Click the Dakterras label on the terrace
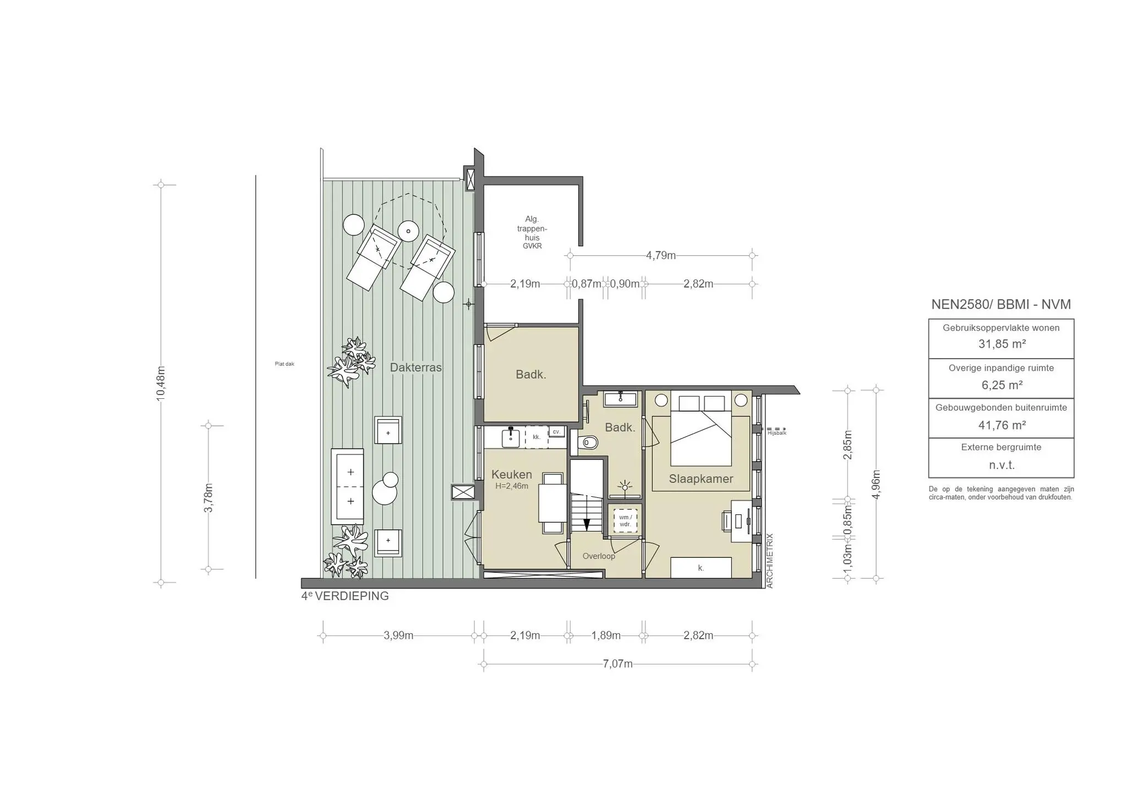(415, 367)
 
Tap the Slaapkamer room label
(701, 479)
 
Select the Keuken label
(511, 474)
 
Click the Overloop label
(599, 556)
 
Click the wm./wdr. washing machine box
(625, 520)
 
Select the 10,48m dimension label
(161, 383)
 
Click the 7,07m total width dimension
(617, 664)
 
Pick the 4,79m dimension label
(660, 255)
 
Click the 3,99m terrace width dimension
(398, 636)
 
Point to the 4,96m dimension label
(877, 484)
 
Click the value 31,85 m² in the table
(1002, 344)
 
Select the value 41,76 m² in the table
(1002, 425)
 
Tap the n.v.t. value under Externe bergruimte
(1002, 465)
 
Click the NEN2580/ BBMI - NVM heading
(1001, 304)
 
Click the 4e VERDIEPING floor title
(345, 596)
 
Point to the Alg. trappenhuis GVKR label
(532, 233)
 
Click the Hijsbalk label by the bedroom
(776, 433)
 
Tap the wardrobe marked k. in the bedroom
(701, 568)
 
